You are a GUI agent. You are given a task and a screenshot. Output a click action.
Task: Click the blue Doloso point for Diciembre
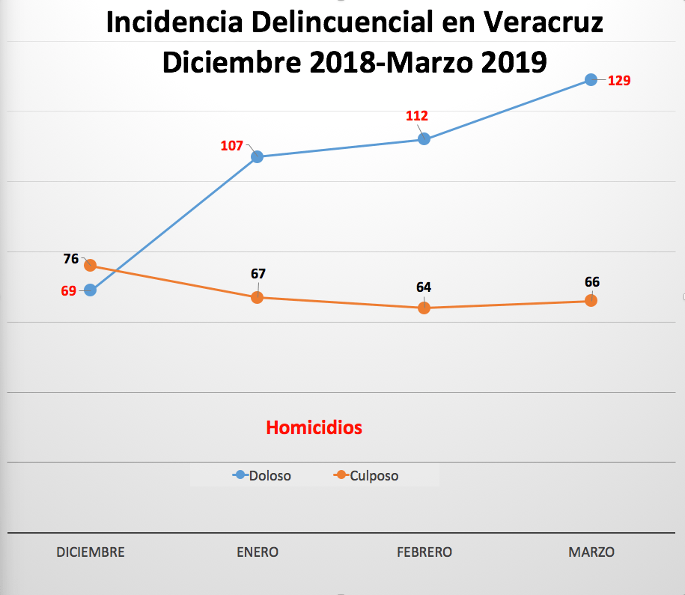(x=91, y=290)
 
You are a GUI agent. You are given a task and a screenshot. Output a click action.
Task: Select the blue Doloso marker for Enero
(x=257, y=156)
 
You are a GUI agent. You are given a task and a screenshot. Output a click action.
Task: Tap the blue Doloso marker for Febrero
(x=424, y=138)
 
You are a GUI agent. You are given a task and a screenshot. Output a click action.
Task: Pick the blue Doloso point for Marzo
(x=591, y=79)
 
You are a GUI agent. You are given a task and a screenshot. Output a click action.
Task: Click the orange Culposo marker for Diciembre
(x=91, y=265)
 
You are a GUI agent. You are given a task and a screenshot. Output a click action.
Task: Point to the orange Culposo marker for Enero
(x=257, y=297)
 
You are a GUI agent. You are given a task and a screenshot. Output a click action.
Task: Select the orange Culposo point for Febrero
(x=424, y=308)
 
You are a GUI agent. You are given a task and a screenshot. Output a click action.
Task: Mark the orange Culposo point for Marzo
(x=591, y=300)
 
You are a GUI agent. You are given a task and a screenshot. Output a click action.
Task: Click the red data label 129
(x=620, y=80)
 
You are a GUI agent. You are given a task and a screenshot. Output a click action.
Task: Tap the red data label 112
(x=417, y=116)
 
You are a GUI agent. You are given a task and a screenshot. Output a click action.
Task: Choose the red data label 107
(x=231, y=146)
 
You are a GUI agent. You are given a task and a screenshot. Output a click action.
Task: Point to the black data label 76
(x=71, y=259)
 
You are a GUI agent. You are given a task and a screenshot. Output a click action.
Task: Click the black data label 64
(x=424, y=287)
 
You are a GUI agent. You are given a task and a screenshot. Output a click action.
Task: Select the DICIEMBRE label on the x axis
(x=91, y=552)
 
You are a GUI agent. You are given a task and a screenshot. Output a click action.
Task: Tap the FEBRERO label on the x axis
(x=424, y=552)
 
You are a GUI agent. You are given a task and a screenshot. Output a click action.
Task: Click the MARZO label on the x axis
(x=591, y=552)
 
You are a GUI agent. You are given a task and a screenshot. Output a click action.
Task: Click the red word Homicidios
(x=314, y=427)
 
